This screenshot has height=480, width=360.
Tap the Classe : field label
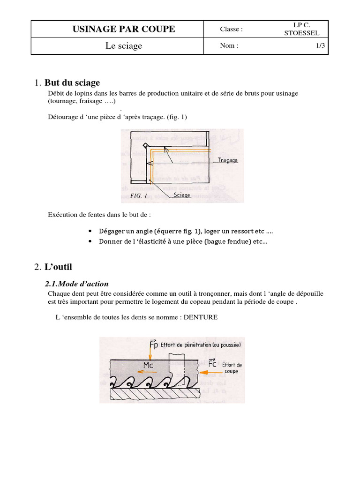(x=231, y=30)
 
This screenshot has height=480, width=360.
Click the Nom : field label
(x=229, y=46)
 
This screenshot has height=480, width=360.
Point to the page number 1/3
(x=321, y=46)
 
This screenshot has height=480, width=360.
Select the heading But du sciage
(x=72, y=83)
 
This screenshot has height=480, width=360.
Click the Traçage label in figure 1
(x=228, y=160)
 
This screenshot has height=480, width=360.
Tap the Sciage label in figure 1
(x=182, y=195)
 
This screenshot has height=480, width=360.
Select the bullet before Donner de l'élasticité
(x=90, y=242)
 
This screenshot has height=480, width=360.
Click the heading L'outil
(x=59, y=267)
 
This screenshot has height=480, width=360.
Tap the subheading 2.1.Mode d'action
(x=76, y=284)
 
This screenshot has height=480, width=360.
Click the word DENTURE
(x=201, y=317)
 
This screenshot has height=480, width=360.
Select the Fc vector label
(x=212, y=363)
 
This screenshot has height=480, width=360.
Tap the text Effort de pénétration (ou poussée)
(x=201, y=345)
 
